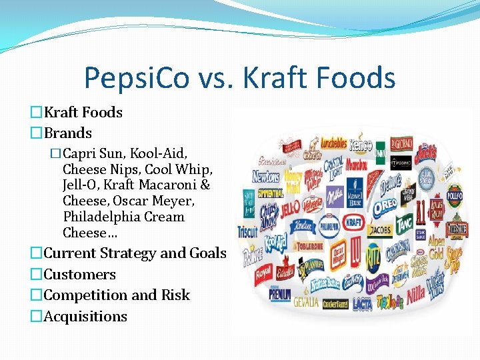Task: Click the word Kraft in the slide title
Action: (275, 78)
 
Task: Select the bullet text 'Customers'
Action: (79, 274)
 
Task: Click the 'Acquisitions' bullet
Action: (85, 316)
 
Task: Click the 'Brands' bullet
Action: (67, 133)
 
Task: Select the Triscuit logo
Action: (247, 232)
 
